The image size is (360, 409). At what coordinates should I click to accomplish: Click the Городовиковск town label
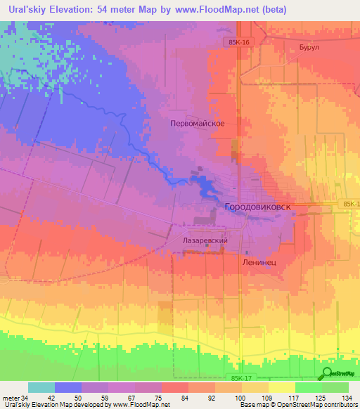(x=259, y=208)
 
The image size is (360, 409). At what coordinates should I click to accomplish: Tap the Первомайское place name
(x=198, y=123)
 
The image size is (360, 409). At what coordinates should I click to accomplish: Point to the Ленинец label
(x=259, y=261)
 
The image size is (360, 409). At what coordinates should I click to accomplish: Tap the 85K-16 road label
(x=239, y=42)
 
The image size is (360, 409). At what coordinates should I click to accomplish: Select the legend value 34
(x=20, y=397)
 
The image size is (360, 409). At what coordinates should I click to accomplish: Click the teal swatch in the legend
(x=41, y=387)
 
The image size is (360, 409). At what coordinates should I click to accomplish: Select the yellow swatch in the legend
(x=282, y=387)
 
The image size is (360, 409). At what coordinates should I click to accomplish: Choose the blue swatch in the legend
(x=68, y=387)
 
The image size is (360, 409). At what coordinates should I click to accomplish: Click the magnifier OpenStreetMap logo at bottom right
(x=328, y=373)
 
